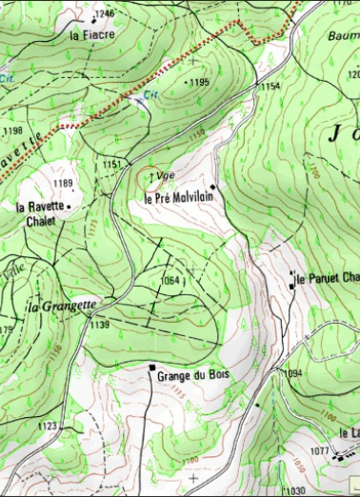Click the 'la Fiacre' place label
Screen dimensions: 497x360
coord(92,35)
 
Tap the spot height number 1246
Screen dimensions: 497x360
coord(106,14)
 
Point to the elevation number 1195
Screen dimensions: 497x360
coord(198,83)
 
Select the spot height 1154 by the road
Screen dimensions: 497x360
coord(271,87)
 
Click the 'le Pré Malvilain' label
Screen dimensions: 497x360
coord(177,197)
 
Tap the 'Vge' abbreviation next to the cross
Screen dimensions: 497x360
coord(167,176)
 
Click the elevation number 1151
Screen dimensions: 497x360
coord(111,165)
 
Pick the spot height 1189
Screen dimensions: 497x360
coord(63,183)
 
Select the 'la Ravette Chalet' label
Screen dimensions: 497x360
coord(41,212)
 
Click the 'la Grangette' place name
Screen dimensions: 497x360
coord(62,307)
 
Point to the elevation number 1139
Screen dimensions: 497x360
coord(100,325)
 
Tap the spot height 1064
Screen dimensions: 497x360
coord(170,280)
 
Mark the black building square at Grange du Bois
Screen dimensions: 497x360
coord(151,367)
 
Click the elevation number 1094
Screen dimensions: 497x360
coord(292,373)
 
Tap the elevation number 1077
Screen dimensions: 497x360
coord(319,449)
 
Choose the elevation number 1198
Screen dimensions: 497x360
coord(12,130)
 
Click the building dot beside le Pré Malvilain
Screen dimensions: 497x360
coord(213,186)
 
